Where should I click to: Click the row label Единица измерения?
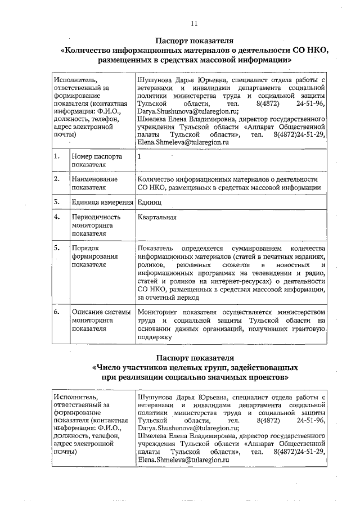pyautogui.click(x=102, y=201)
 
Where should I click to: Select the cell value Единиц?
pyautogui.click(x=149, y=201)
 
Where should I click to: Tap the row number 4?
pyautogui.click(x=57, y=217)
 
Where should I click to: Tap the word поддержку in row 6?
pyautogui.click(x=154, y=337)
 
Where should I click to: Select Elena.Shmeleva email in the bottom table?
pyautogui.click(x=174, y=460)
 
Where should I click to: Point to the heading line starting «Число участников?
pyautogui.click(x=195, y=367)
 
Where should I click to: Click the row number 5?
pyautogui.click(x=57, y=248)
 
